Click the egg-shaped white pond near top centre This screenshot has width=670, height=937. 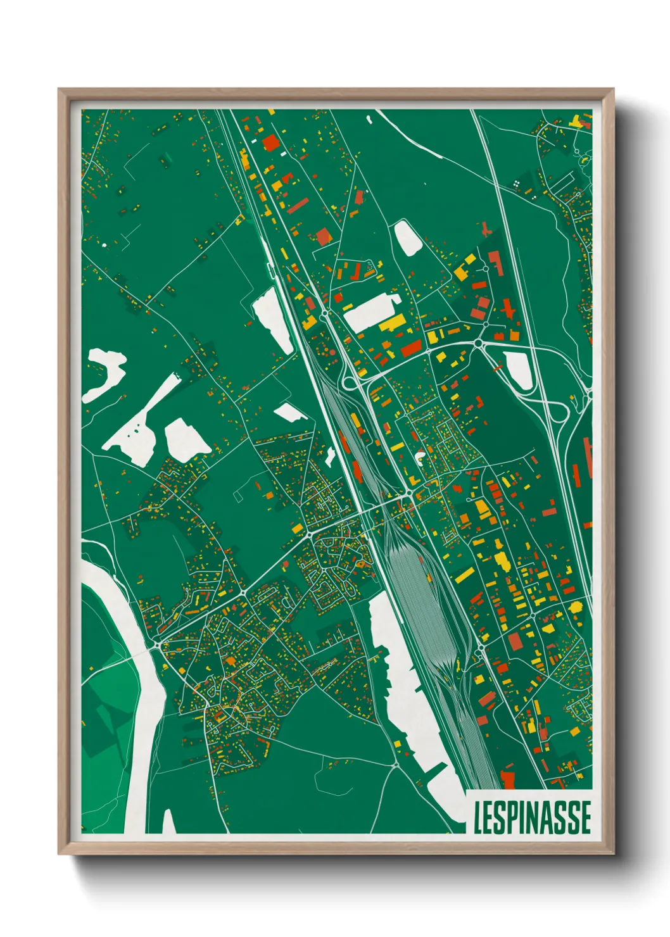407,237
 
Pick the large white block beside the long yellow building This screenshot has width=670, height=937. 370,311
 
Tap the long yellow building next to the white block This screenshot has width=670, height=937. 393,324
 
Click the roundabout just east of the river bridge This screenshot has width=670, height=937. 156,645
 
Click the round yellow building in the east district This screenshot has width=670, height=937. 576,607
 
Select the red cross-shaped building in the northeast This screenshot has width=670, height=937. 509,310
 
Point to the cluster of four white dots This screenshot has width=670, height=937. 517,183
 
